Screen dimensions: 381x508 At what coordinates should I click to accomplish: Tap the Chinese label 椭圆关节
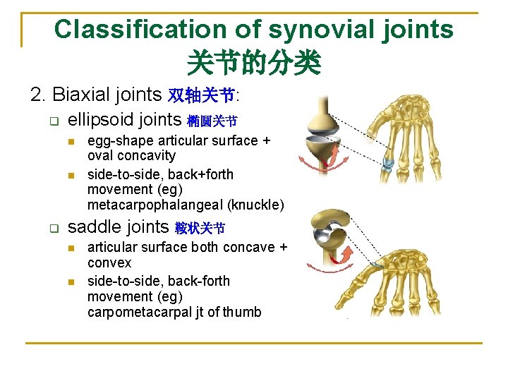click(212, 121)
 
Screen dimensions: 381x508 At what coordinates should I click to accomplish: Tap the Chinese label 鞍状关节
click(200, 229)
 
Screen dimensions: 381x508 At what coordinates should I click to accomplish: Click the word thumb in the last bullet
click(242, 312)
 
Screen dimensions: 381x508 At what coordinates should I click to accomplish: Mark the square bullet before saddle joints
click(53, 228)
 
